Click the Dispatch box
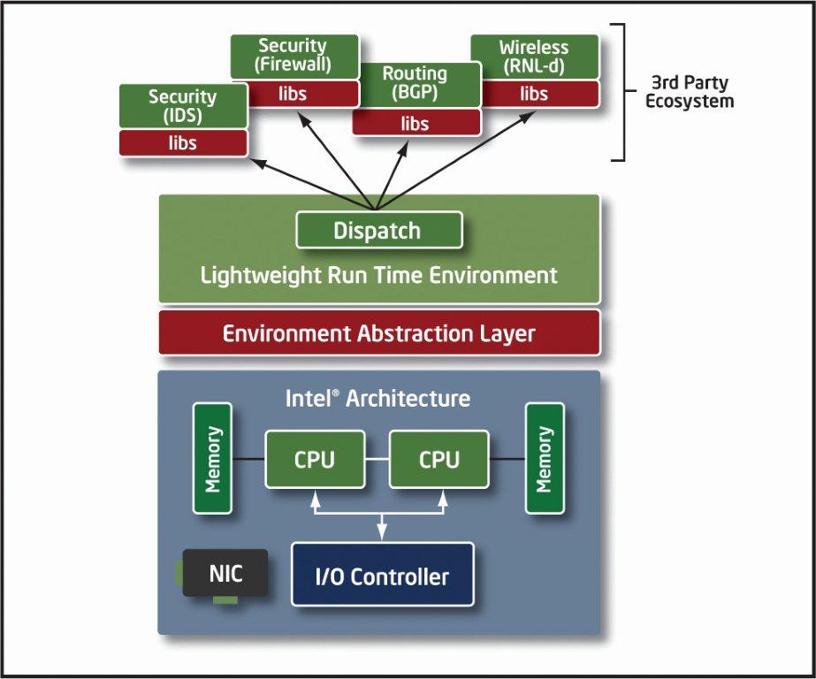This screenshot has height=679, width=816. tap(378, 231)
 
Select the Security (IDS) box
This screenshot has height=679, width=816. tap(182, 106)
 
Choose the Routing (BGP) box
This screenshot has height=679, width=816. tap(416, 85)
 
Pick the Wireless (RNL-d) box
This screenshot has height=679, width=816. tap(534, 56)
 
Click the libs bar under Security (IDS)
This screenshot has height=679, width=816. tap(182, 142)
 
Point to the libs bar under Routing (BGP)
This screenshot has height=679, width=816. tap(416, 123)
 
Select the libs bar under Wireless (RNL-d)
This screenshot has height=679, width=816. tap(534, 94)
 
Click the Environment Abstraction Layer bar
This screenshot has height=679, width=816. tap(378, 333)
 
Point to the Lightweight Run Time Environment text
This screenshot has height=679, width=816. tap(378, 275)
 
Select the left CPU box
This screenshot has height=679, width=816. tap(315, 459)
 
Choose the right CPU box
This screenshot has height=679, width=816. tap(439, 459)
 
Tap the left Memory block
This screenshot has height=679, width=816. tap(212, 458)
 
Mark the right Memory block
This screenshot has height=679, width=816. tap(545, 458)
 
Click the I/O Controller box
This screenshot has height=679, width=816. tap(382, 576)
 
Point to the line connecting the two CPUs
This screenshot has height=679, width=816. tap(377, 459)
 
